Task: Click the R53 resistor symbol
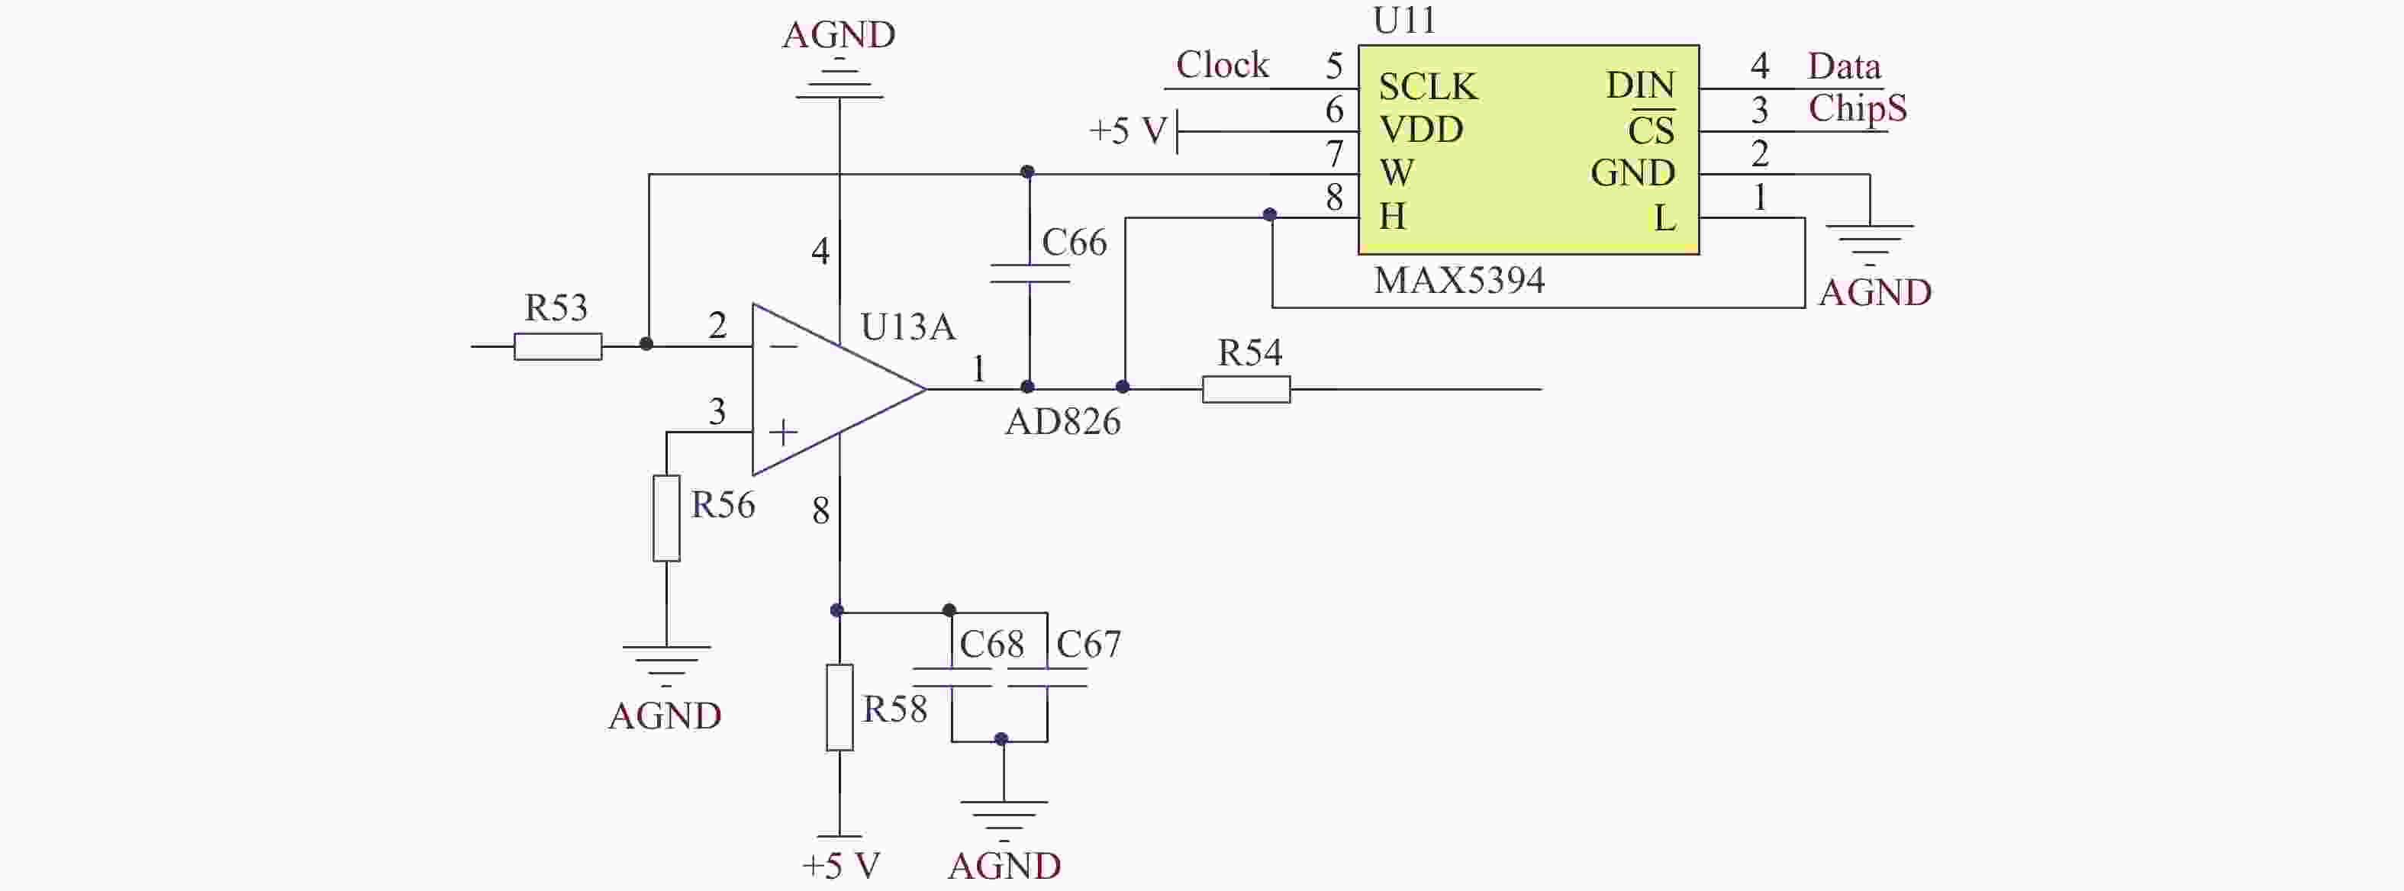click(557, 346)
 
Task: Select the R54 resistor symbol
click(1246, 389)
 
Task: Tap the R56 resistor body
click(666, 518)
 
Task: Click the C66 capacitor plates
click(1029, 273)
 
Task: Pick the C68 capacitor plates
click(952, 678)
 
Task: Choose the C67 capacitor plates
click(1047, 678)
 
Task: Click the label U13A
click(907, 326)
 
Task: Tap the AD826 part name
click(1062, 422)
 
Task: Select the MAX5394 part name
click(1458, 280)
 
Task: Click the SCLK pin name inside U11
click(1428, 87)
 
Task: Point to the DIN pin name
click(1640, 86)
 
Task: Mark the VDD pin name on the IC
click(1420, 130)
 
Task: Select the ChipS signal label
click(1857, 108)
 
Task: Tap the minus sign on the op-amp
click(784, 347)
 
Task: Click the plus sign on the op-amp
click(783, 432)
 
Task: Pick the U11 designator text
click(1403, 21)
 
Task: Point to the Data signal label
click(1843, 66)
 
